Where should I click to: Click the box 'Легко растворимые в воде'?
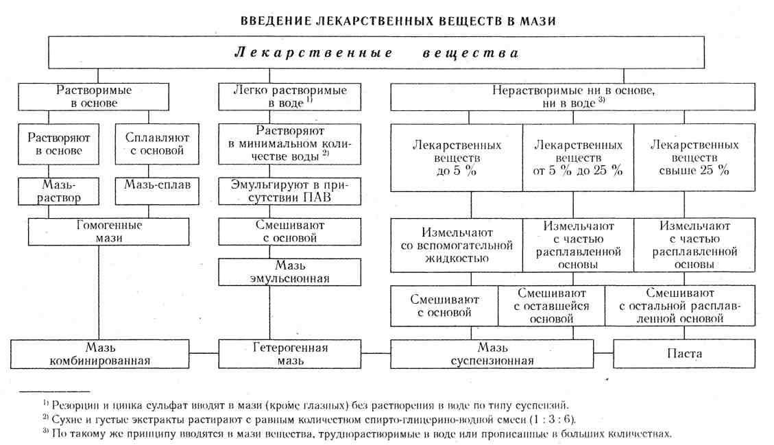(x=290, y=97)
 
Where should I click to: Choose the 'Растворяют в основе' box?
(x=59, y=143)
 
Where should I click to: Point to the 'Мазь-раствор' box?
(x=59, y=191)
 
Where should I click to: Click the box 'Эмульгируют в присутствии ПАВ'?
(x=290, y=191)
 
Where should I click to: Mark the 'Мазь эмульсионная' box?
(x=290, y=272)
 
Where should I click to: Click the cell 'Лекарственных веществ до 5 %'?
(x=457, y=158)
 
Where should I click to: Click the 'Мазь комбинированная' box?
(x=100, y=354)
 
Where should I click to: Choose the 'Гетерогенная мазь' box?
(x=290, y=354)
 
